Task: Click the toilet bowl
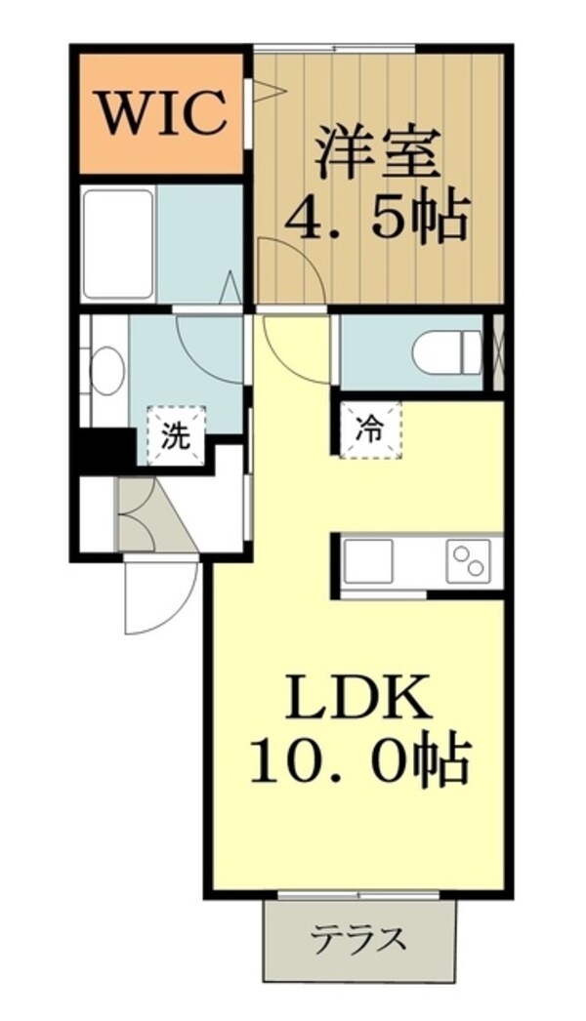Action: (446, 351)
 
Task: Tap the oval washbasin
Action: (106, 372)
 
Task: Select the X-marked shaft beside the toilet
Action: (497, 351)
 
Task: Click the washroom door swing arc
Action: (209, 342)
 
